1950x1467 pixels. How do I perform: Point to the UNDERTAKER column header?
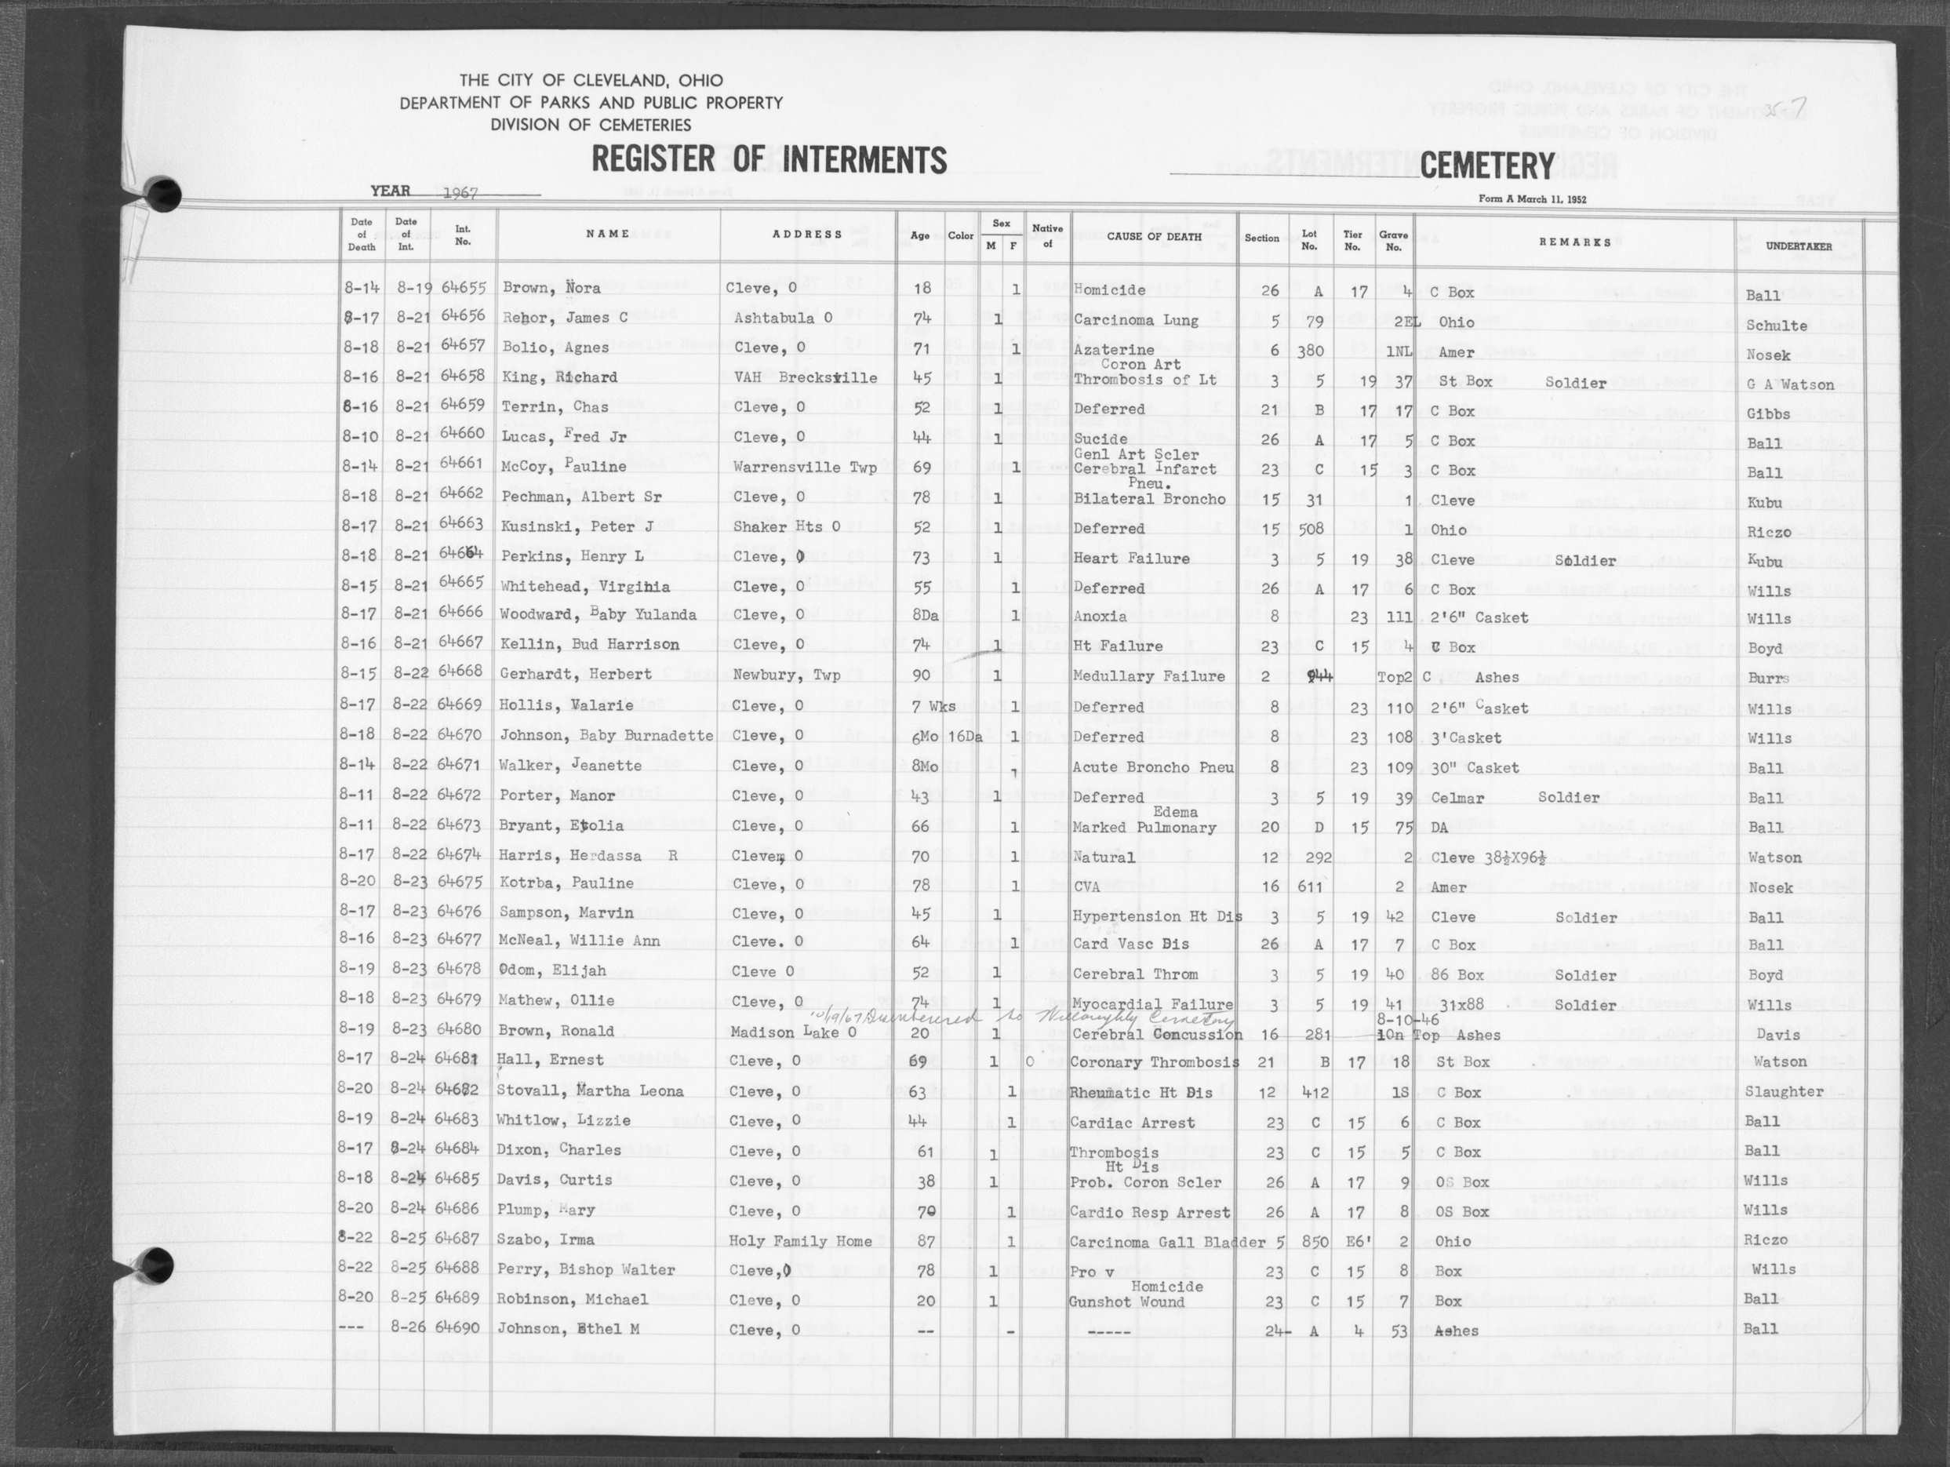[x=1799, y=246]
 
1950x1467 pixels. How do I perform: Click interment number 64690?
[x=458, y=1327]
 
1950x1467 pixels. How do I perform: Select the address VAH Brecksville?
[x=805, y=378]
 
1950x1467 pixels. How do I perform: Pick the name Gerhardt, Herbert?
[x=577, y=675]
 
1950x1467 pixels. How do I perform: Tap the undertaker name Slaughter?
[x=1784, y=1091]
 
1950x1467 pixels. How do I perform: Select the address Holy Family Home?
[x=799, y=1241]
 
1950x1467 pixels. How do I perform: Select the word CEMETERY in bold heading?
[x=1487, y=166]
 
